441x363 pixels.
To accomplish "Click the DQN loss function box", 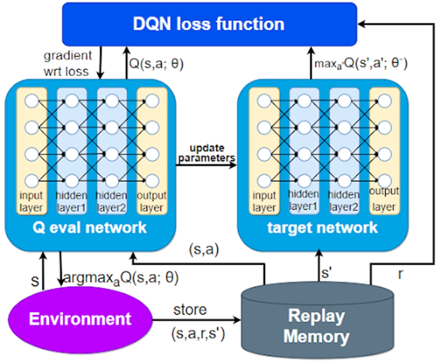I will point(209,24).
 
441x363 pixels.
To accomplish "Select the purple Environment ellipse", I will point(80,319).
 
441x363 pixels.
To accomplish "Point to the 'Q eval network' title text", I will point(90,227).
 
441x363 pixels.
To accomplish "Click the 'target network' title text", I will point(322,227).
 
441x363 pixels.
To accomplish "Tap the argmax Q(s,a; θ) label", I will point(121,277).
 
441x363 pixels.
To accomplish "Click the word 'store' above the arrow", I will point(190,309).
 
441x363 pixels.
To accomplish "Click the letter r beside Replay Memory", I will point(401,274).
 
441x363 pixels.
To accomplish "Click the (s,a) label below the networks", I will point(204,249).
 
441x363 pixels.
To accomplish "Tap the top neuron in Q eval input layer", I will point(31,102).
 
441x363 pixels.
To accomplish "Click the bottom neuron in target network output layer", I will point(384,179).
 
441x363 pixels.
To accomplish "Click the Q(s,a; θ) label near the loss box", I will point(156,64).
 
